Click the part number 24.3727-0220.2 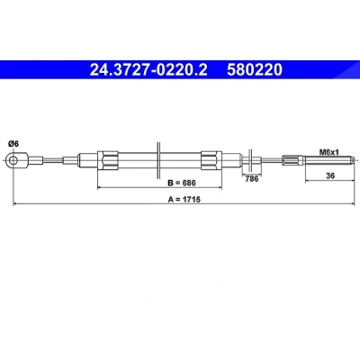point(148,70)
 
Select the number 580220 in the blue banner point(255,70)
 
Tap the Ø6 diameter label point(13,144)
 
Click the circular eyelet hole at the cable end point(13,159)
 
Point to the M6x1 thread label point(328,152)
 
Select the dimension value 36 point(330,175)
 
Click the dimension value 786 point(251,178)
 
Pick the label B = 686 point(182,183)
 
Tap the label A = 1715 point(184,199)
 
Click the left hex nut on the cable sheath point(108,160)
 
